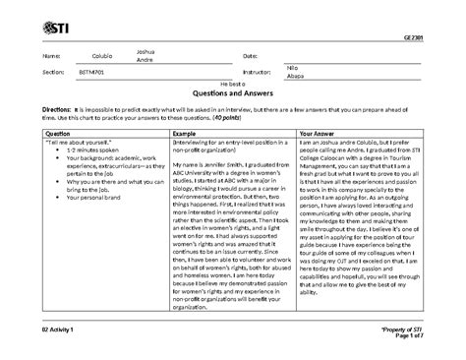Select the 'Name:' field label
pyautogui.click(x=45, y=56)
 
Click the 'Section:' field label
pyautogui.click(x=48, y=73)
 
